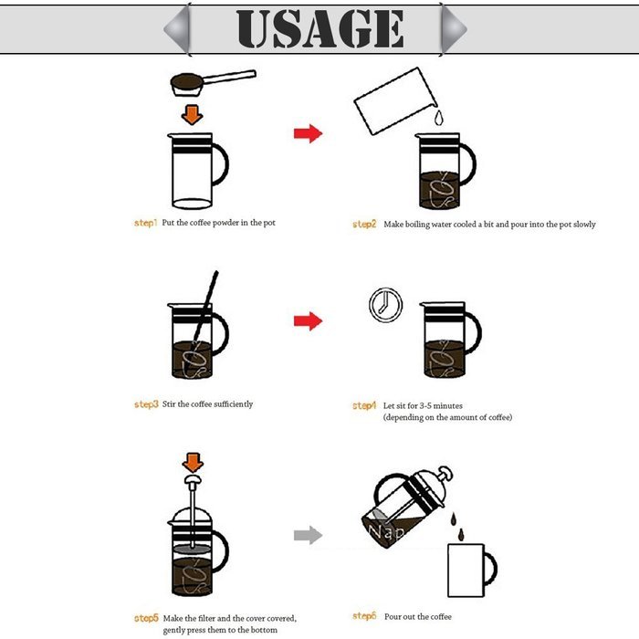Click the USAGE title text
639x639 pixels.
(x=319, y=28)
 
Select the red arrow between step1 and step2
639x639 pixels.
(x=308, y=134)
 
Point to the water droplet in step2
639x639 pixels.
(x=437, y=119)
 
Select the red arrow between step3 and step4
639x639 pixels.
(x=308, y=321)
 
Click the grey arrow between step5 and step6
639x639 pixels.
(x=308, y=535)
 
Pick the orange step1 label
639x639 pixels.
(x=146, y=223)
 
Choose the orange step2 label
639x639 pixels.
(x=364, y=225)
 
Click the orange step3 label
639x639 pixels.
(x=146, y=404)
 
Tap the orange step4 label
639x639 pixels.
(x=364, y=405)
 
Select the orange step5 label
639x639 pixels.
(x=146, y=619)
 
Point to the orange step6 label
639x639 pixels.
(x=364, y=617)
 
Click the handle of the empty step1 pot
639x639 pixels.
(x=221, y=165)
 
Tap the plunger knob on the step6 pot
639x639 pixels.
(x=445, y=472)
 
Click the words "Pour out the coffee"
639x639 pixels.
(x=418, y=617)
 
